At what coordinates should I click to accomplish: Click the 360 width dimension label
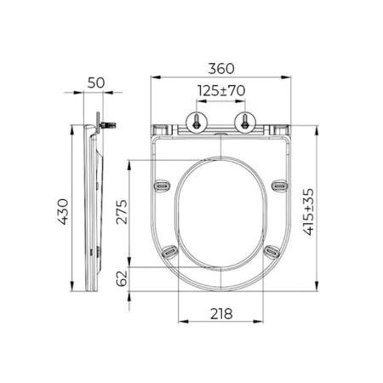pos(221,69)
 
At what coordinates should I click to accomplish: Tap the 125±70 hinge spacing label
pos(221,91)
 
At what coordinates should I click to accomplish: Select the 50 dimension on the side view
pos(96,83)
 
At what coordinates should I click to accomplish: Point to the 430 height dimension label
pos(63,212)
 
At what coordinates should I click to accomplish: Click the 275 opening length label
pos(122,212)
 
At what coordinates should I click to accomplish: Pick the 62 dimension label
pos(122,278)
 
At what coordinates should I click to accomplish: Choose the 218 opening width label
pos(221,314)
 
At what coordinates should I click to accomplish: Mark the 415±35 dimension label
pos(309,212)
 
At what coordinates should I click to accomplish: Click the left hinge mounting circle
pos(197,123)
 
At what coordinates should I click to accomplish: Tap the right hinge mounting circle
pos(245,123)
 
